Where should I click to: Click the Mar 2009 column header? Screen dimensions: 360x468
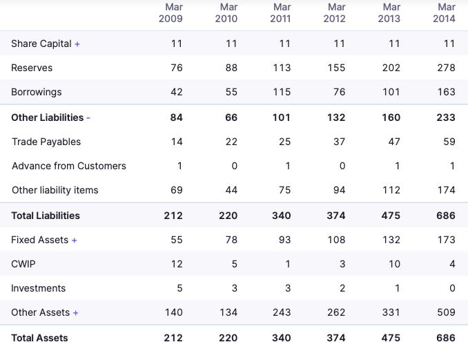(x=170, y=12)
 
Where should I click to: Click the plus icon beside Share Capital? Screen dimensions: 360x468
(x=77, y=44)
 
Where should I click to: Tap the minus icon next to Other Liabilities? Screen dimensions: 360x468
(x=88, y=118)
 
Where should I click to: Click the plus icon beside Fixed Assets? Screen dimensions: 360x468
(x=75, y=240)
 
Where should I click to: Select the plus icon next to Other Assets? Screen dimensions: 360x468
(x=76, y=313)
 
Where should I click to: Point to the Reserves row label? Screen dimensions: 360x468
(x=32, y=68)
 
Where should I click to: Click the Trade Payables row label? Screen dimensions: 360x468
(x=46, y=142)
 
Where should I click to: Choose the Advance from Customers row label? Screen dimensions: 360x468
(x=69, y=166)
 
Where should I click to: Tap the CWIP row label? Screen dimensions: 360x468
(x=23, y=264)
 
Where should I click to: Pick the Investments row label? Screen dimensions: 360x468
(x=39, y=288)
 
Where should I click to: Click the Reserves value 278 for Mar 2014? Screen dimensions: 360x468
(x=446, y=68)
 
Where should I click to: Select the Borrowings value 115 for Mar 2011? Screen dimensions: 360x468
(x=281, y=92)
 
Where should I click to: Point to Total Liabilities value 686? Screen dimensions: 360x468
(x=446, y=216)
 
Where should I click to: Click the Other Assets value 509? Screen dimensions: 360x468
(x=446, y=312)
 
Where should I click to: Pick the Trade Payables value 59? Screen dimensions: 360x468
(x=449, y=142)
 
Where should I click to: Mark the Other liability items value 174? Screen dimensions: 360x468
(x=446, y=190)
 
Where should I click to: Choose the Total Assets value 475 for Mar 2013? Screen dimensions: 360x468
(x=391, y=338)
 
